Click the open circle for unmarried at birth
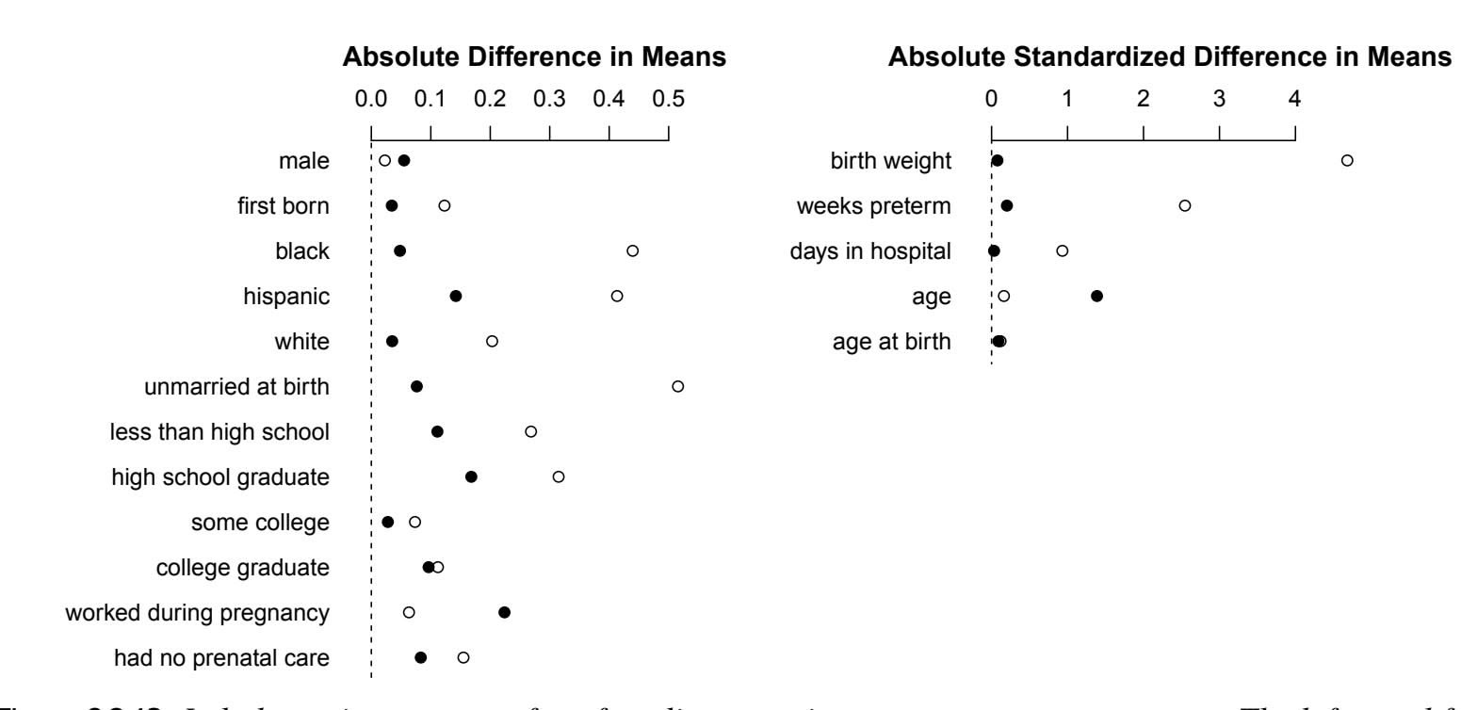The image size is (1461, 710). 677,386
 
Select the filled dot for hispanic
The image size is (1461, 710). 456,296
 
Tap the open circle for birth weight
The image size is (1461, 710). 1347,160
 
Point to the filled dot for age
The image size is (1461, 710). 1096,296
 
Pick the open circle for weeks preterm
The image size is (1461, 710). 1185,205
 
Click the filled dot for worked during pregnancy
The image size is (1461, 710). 504,612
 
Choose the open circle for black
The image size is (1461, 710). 633,250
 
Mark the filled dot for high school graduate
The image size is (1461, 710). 471,476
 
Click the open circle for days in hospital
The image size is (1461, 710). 1063,250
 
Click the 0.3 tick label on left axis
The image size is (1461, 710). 549,97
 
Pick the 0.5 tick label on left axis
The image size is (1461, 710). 669,97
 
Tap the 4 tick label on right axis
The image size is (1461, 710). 1295,97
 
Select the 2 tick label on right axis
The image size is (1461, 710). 1144,97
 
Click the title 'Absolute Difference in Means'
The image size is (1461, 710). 534,57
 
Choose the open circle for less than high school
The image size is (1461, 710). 531,431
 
